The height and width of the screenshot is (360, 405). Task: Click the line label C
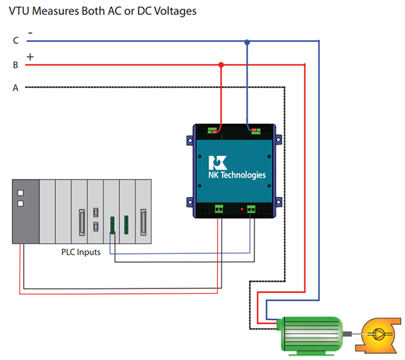pos(16,41)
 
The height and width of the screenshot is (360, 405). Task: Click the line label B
pos(15,65)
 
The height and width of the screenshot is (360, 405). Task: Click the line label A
pos(16,87)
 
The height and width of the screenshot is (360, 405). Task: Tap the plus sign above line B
pos(30,56)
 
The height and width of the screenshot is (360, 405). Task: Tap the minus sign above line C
pos(30,32)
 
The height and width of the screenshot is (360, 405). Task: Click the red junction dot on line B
pos(221,65)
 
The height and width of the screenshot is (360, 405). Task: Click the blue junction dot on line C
pos(247,42)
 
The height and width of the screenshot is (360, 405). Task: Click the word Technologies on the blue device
pos(246,175)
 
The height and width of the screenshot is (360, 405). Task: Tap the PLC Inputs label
pos(76,252)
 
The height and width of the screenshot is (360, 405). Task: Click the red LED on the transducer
pos(242,209)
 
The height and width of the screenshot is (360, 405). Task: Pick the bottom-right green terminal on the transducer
pos(251,209)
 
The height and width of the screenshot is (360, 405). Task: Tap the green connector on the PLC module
pos(113,225)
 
